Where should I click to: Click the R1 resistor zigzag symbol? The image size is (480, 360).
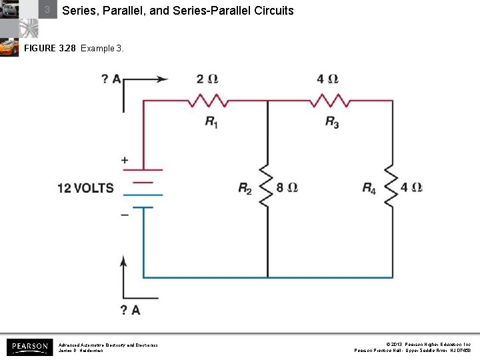pos(207,101)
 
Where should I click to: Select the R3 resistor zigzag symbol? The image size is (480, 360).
pos(328,101)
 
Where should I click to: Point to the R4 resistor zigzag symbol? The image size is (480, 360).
pos(391,187)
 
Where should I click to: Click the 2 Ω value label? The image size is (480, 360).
pos(207,79)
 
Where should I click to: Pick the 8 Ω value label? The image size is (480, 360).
pos(287,187)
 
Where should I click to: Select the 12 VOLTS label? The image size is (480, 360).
pos(85,188)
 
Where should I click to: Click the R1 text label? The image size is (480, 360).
pos(211,123)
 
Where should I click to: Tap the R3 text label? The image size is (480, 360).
pos(332,123)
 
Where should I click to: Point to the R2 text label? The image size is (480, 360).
pos(245,189)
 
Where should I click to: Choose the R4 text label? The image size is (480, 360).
pos(369,189)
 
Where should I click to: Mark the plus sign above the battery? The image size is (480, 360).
pos(125,160)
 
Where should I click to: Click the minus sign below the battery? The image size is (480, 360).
pos(125,215)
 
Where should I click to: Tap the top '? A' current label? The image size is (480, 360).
pos(111,79)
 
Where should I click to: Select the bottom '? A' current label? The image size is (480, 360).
pos(130,309)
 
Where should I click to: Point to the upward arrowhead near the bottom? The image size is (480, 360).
pos(123,260)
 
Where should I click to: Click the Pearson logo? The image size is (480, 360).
pos(29,347)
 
